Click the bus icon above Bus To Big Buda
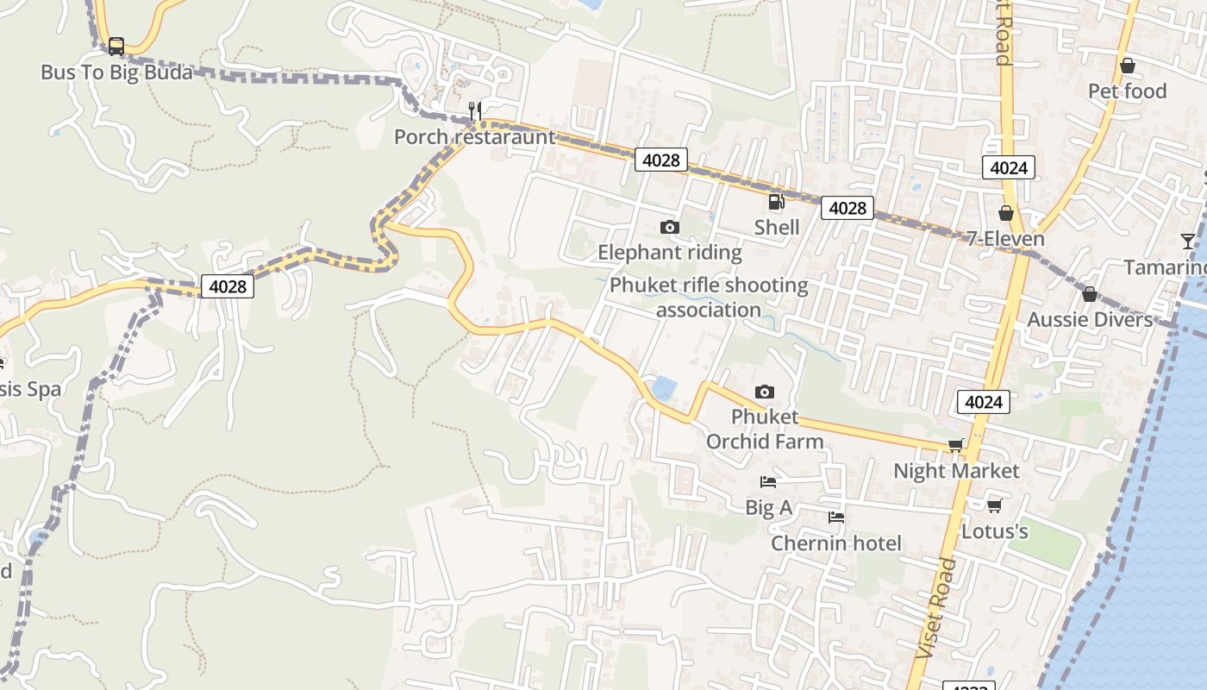pos(116,47)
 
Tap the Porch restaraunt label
pos(475,136)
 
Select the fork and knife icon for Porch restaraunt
pos(474,110)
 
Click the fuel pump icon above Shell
pos(776,202)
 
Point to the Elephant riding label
pos(670,252)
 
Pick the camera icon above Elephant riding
pos(669,227)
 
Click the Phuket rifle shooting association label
pos(709,297)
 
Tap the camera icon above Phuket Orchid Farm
pos(764,392)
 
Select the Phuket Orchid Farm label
pos(765,429)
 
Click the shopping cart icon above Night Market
pos(955,445)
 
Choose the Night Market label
pos(956,471)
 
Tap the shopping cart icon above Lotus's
pos(994,505)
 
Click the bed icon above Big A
pos(767,481)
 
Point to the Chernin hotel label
pos(835,543)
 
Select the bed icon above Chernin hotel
pos(835,517)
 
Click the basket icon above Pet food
pos(1127,66)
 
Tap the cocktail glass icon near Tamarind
pos(1188,241)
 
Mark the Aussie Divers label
pos(1090,320)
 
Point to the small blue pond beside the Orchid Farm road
pos(663,389)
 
